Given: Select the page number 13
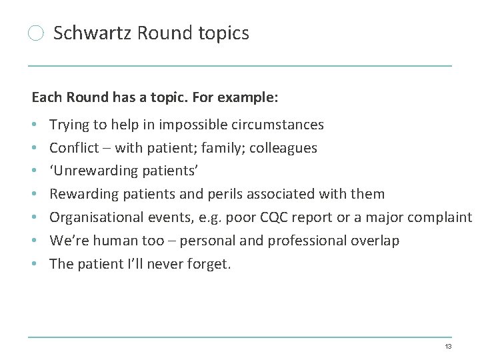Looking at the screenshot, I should tap(448, 347).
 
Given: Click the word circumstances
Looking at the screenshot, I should tap(284, 125).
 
